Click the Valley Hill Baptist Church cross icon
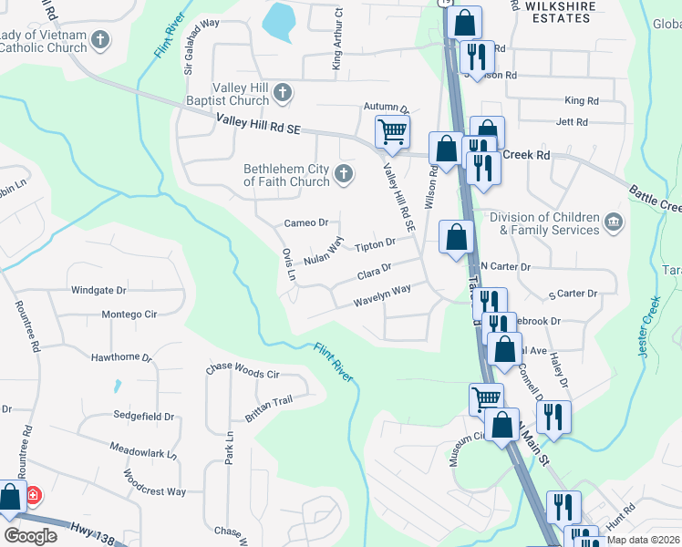click(x=283, y=92)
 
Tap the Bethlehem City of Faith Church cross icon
click(x=344, y=174)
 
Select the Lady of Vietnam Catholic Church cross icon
click(x=100, y=40)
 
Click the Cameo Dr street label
click(x=305, y=222)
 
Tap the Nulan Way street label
click(x=324, y=251)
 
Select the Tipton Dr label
click(x=375, y=244)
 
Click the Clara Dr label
click(x=374, y=271)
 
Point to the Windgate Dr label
click(x=98, y=291)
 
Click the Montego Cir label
click(x=129, y=315)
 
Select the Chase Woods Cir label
click(x=243, y=374)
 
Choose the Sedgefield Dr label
click(x=143, y=416)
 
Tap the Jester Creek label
click(x=649, y=326)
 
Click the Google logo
click(x=30, y=536)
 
